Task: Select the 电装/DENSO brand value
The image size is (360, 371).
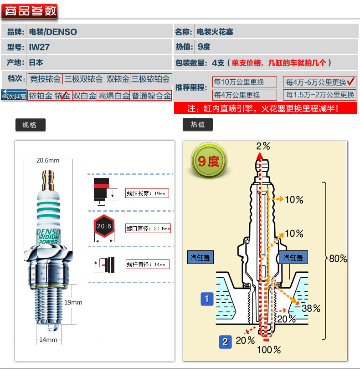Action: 53,32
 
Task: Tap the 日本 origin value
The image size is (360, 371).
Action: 36,62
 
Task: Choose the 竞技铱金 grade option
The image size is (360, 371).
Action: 45,79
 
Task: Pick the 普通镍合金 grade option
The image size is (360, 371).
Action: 151,96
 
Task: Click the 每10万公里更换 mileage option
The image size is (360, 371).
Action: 245,82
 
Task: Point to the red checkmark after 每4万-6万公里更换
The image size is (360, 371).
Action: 351,82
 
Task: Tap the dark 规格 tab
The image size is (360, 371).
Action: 30,124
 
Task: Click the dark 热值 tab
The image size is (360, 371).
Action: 197,124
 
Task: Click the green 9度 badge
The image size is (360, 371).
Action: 209,161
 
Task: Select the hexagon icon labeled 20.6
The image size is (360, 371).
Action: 104,226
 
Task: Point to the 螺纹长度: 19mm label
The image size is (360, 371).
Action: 147,193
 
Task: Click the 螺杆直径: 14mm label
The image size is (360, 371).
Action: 147,264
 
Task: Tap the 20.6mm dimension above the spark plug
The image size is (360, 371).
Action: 48,160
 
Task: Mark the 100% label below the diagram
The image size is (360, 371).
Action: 269,350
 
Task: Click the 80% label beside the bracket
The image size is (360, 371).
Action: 338,259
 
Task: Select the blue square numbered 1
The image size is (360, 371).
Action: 207,299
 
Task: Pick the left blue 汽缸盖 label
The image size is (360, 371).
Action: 201,258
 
